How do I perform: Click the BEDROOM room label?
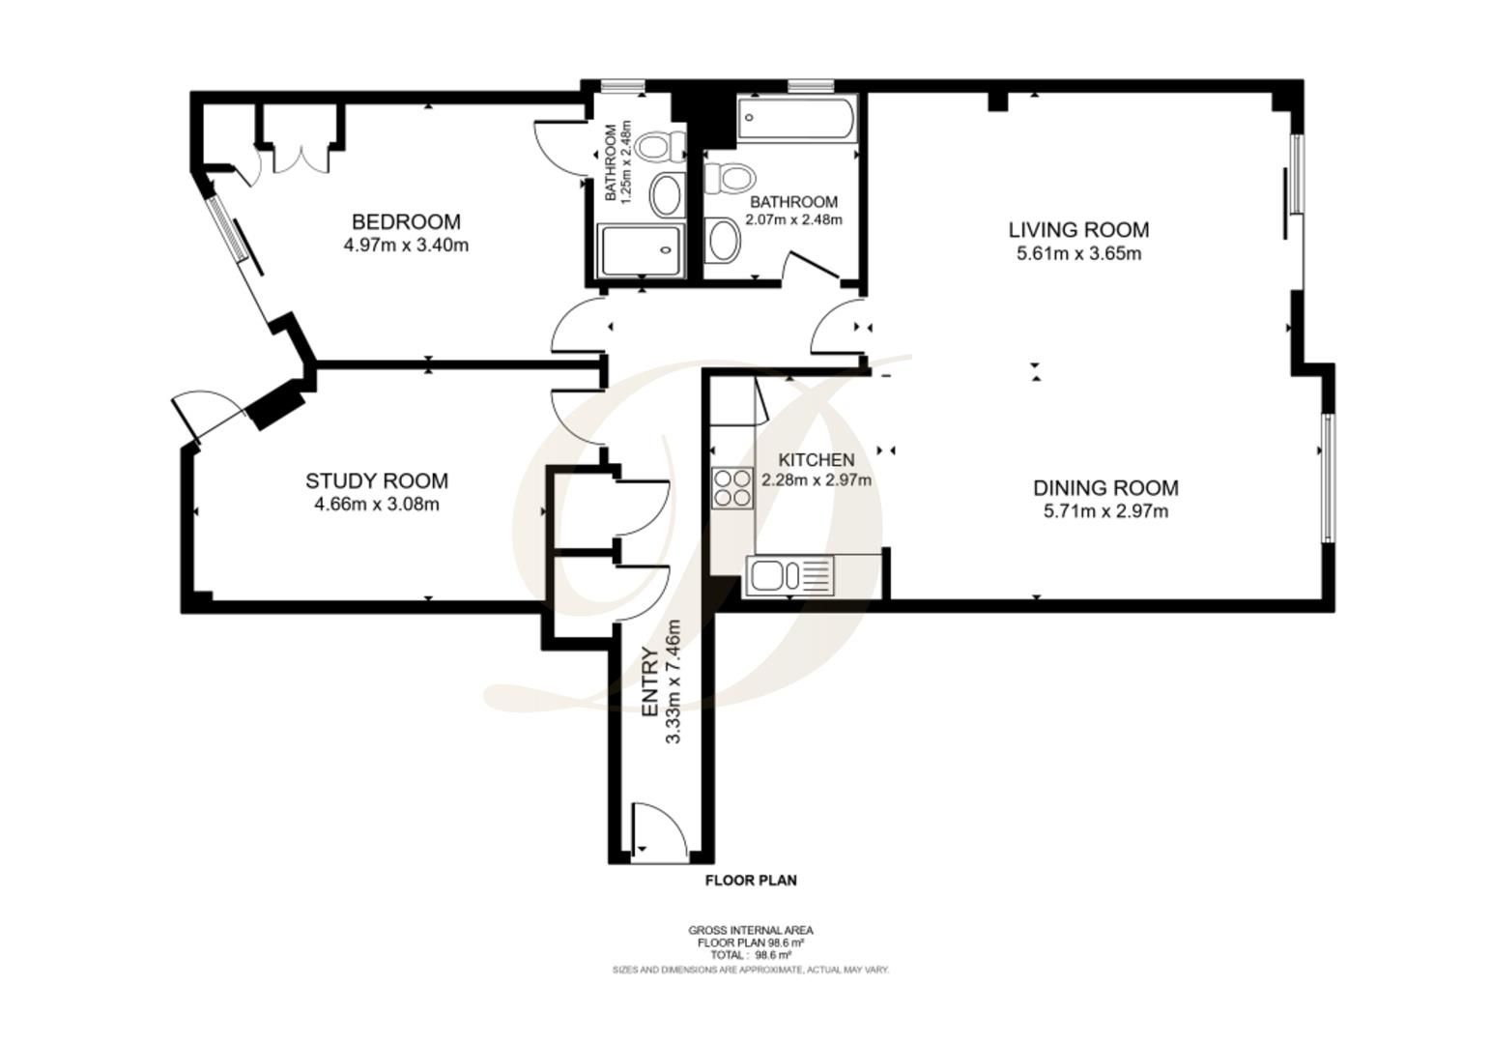coord(406,221)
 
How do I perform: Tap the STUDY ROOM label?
coord(377,480)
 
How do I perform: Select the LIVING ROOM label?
coord(1079,230)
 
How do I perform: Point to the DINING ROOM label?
coord(1105,488)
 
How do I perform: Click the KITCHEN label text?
coord(817,460)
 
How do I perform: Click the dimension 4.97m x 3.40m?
coord(406,246)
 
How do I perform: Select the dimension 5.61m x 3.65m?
coord(1079,253)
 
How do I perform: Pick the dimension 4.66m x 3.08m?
coord(377,505)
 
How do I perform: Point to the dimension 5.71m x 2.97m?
coord(1105,512)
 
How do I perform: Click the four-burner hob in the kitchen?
coord(732,488)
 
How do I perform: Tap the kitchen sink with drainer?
coord(790,576)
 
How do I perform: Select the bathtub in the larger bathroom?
coord(797,118)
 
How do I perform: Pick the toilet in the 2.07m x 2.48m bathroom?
coord(731,179)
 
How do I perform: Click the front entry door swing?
coord(658,832)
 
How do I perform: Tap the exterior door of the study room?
coord(203,413)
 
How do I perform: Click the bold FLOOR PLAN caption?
coord(751,881)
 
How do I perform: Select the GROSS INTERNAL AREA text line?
coord(750,930)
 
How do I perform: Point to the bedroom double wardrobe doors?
coord(301,159)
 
